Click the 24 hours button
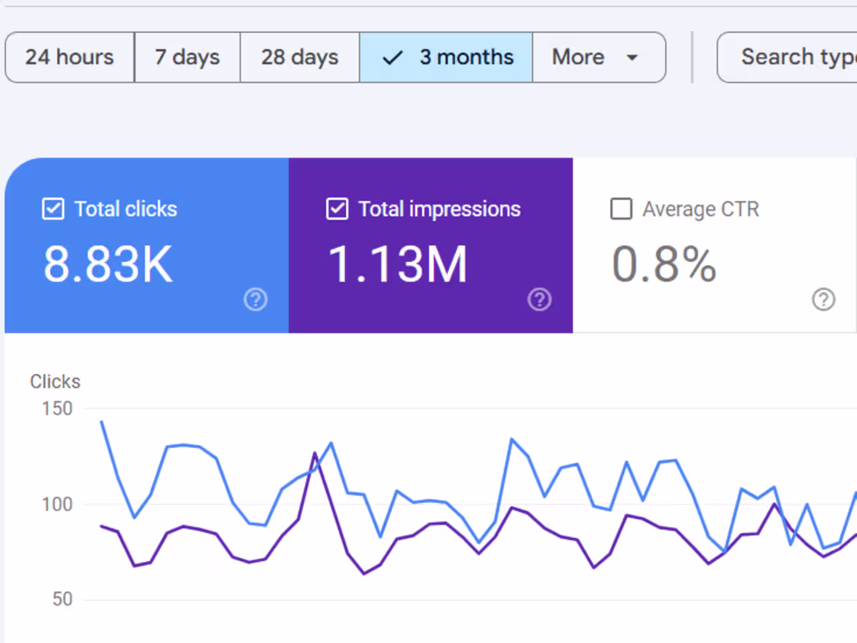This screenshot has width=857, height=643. pyautogui.click(x=69, y=57)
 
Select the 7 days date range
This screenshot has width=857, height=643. pyautogui.click(x=187, y=57)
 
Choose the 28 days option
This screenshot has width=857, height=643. pyautogui.click(x=299, y=57)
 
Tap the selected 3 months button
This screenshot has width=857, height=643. pyautogui.click(x=446, y=57)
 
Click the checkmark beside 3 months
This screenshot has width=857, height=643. pyautogui.click(x=393, y=58)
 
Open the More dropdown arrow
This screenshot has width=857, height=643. pyautogui.click(x=632, y=58)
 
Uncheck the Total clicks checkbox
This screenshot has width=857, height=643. pyautogui.click(x=53, y=209)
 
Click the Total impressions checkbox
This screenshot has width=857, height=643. pyautogui.click(x=337, y=209)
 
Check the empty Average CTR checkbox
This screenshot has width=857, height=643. pyautogui.click(x=621, y=209)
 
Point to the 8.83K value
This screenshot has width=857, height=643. pyautogui.click(x=108, y=264)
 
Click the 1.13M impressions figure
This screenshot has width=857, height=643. pyautogui.click(x=397, y=264)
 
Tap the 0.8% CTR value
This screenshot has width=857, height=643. pyautogui.click(x=664, y=264)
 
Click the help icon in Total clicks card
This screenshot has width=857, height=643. pyautogui.click(x=256, y=299)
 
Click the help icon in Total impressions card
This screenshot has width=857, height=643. pyautogui.click(x=539, y=299)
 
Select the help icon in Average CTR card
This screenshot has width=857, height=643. pyautogui.click(x=823, y=299)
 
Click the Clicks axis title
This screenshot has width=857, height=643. pyautogui.click(x=55, y=382)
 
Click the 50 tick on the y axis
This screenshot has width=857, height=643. pyautogui.click(x=62, y=599)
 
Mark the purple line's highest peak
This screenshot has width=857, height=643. pyautogui.click(x=315, y=453)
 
